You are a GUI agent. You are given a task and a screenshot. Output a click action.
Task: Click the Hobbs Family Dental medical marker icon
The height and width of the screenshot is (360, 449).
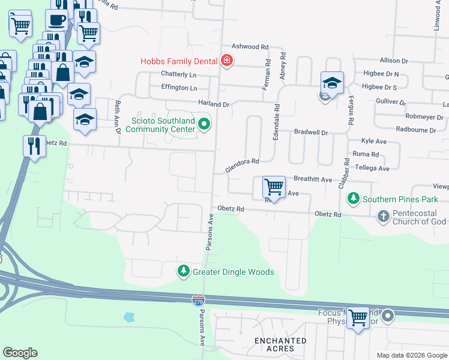point(227,60)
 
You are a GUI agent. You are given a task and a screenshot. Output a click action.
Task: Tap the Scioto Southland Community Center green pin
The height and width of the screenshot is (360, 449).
point(204,124)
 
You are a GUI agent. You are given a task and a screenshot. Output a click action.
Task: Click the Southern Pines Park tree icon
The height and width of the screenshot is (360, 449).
point(354,199)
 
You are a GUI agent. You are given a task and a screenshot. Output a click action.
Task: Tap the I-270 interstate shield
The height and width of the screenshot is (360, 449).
point(198,299)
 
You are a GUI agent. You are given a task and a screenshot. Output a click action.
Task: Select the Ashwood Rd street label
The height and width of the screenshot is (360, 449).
point(250,47)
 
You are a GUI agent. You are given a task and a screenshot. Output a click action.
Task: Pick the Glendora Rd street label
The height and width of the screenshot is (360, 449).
point(242,161)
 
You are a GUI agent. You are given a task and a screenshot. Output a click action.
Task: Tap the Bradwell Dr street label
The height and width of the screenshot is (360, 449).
point(311,132)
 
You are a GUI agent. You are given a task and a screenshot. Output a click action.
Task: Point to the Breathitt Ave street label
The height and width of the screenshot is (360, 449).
point(313,179)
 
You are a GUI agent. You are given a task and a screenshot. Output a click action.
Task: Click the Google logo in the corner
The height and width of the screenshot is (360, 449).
point(20,353)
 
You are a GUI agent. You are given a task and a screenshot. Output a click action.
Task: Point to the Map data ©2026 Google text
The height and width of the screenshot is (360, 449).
point(412,355)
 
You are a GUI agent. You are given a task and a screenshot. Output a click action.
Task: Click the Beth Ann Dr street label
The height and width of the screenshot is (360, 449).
point(118,116)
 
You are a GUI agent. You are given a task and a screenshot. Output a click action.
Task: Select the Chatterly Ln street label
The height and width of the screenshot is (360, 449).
point(179,74)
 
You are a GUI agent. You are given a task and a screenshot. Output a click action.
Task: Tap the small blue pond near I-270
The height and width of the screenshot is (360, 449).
point(128,316)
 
